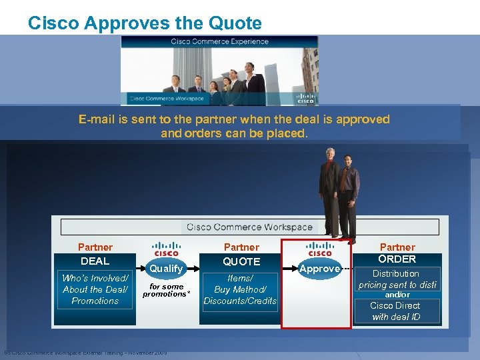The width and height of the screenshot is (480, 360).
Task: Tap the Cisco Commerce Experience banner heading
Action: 219,41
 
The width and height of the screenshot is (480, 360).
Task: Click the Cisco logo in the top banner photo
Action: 305,98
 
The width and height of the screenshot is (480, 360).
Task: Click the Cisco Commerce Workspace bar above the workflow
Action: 249,227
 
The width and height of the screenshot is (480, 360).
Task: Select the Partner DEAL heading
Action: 95,254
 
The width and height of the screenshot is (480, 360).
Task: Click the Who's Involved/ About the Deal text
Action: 95,284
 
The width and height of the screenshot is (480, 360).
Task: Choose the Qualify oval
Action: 166,268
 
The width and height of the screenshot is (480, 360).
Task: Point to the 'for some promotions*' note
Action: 166,291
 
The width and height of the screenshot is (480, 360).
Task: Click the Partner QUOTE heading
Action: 241,254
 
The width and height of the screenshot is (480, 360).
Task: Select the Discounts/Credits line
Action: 240,301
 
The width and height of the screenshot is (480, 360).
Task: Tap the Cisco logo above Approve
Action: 320,250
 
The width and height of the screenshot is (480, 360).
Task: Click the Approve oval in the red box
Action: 320,269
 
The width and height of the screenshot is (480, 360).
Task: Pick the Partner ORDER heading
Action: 397,253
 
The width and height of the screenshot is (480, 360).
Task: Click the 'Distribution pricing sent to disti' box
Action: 397,279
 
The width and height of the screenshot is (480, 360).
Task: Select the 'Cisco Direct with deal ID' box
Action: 395,311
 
